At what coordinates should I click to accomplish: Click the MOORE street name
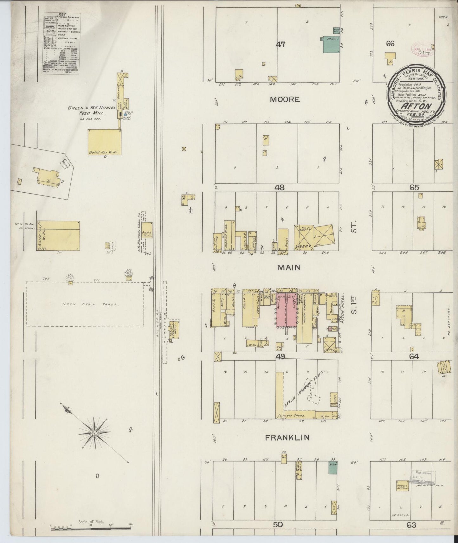pos(285,99)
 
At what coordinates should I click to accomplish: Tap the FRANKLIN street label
pos(287,438)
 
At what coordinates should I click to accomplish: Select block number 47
pos(280,45)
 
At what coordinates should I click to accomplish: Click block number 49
pos(280,357)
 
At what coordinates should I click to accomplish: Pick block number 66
pos(390,44)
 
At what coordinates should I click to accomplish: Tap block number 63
pos(411,525)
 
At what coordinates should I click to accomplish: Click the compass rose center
pos(94,432)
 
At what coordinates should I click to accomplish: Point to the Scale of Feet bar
pos(91,526)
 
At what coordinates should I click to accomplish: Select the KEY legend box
pos(61,44)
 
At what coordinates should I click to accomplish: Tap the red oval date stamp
pos(422,48)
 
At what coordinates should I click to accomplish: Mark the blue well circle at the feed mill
pos(126,114)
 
